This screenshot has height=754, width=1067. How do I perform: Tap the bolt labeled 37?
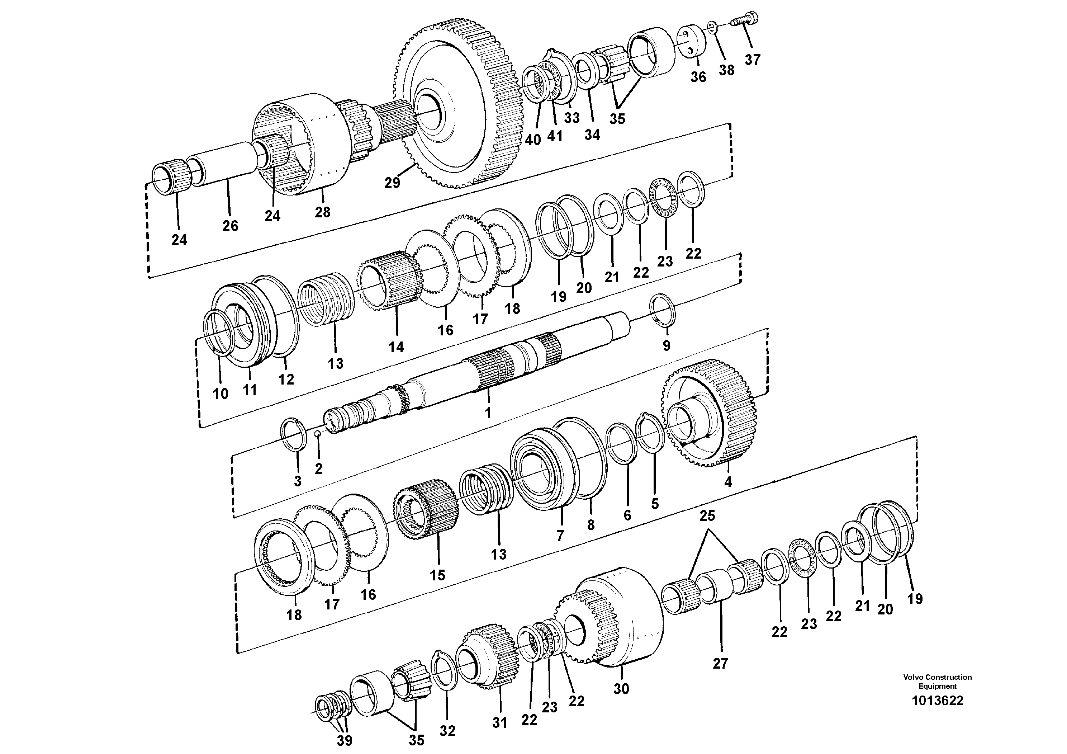click(x=744, y=20)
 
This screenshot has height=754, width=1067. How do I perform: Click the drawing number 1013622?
click(x=937, y=713)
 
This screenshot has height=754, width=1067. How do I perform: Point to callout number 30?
click(x=621, y=689)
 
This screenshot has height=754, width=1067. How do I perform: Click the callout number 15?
click(x=437, y=575)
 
